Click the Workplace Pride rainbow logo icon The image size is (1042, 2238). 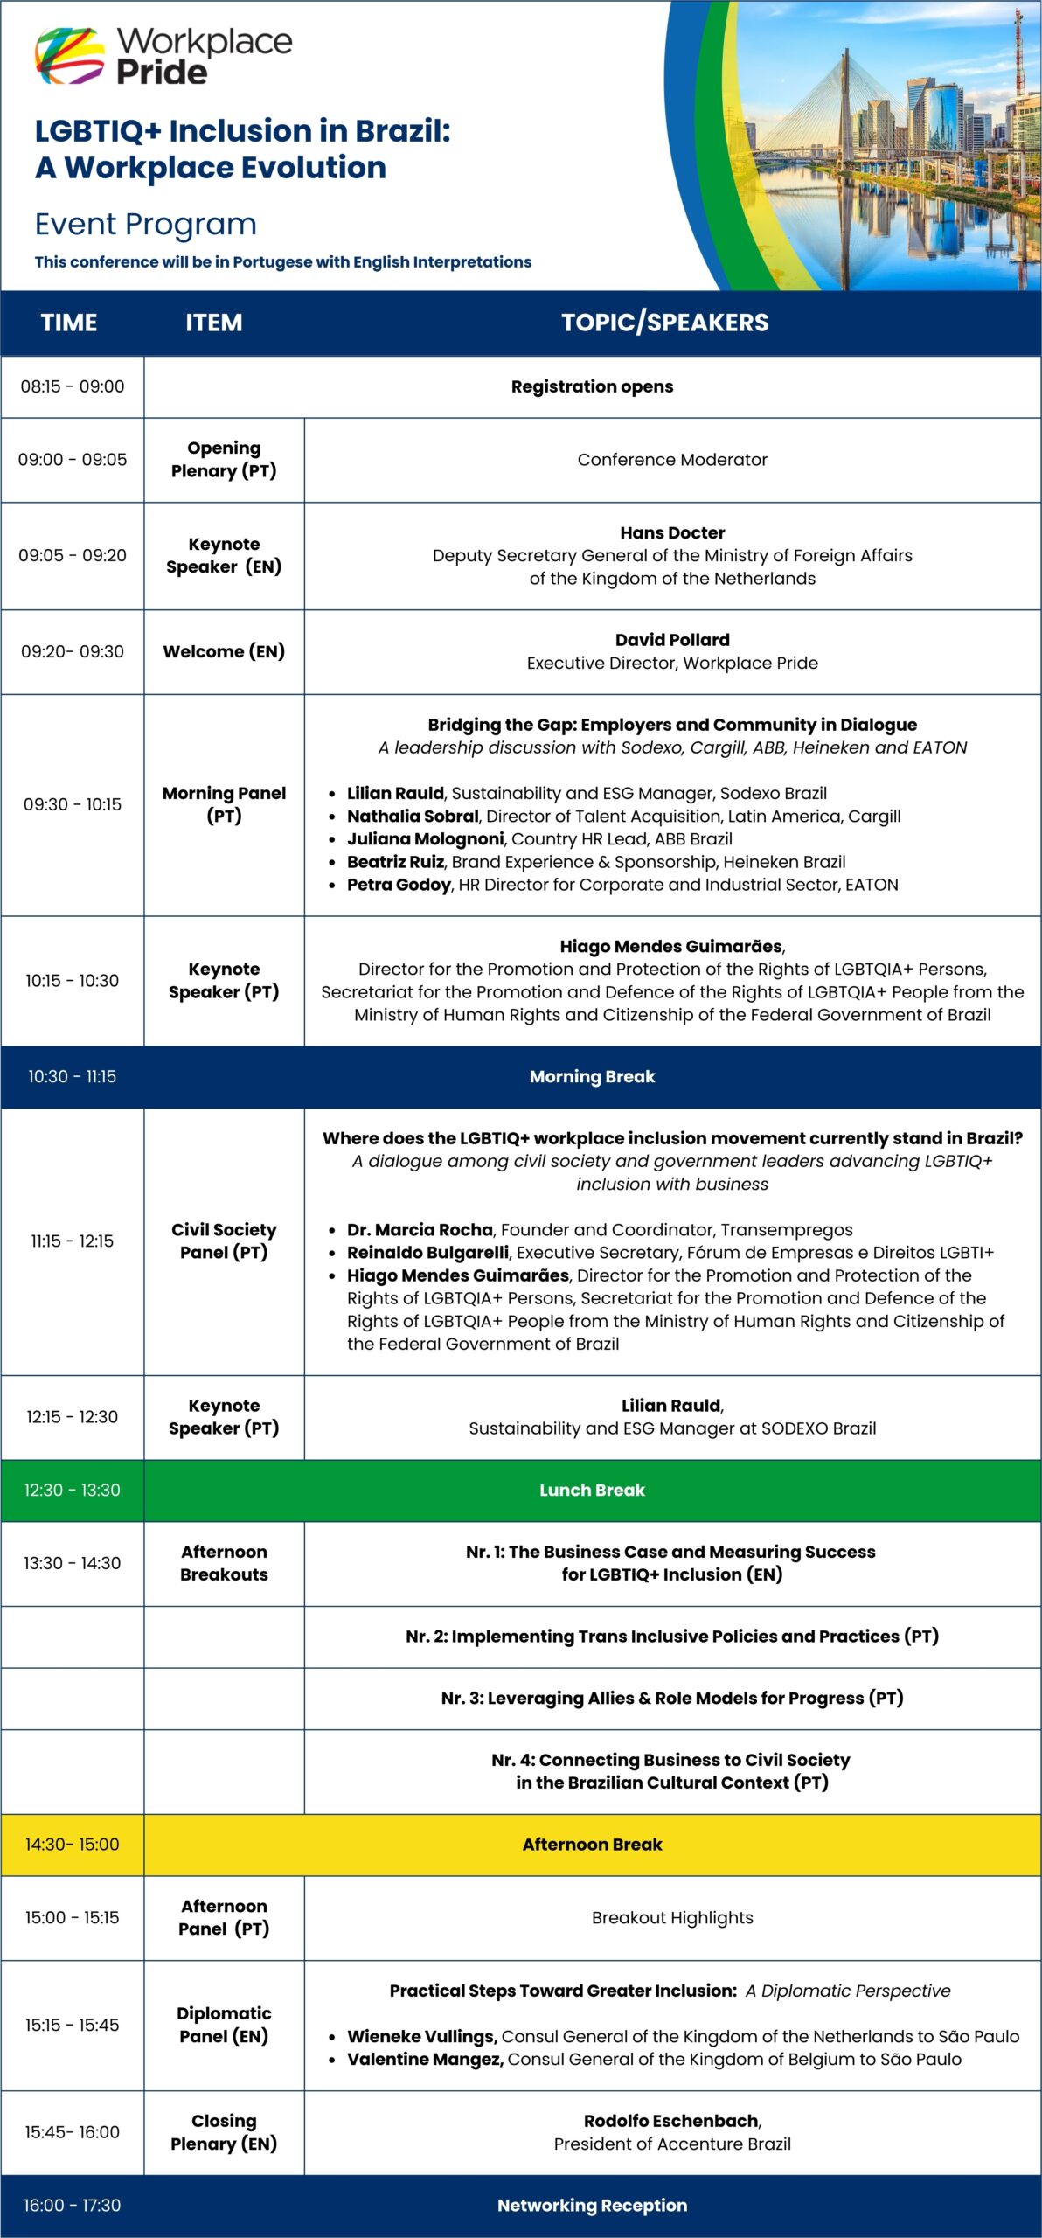point(70,56)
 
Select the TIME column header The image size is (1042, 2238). point(69,323)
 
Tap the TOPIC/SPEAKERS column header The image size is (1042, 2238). point(664,323)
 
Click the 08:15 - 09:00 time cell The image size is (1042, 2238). point(73,386)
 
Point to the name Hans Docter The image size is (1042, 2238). point(672,532)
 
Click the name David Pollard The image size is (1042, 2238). point(672,640)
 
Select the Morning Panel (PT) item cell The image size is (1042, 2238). point(224,804)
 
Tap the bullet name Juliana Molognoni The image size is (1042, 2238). point(426,838)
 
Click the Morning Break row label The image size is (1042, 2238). point(592,1076)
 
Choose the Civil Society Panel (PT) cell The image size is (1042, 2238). point(224,1241)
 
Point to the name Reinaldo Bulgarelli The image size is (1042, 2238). point(427,1252)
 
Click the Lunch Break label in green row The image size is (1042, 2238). point(592,1490)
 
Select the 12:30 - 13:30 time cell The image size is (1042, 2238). point(73,1490)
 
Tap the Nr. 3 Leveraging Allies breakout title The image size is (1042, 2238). point(671,1698)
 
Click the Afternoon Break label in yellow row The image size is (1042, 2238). point(592,1844)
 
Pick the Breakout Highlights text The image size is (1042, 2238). point(672,1917)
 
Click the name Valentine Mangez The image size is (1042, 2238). point(425,2059)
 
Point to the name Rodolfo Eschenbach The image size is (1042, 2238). point(671,2121)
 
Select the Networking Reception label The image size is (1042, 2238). point(592,2205)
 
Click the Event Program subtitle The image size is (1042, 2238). point(146,225)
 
